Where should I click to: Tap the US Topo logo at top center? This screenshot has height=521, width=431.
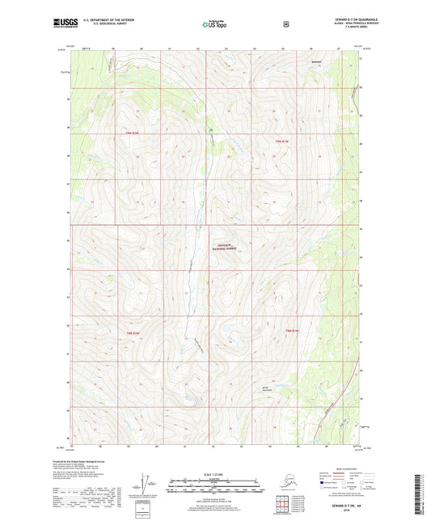coord(215,25)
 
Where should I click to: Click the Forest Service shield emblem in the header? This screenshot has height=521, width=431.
coord(285,24)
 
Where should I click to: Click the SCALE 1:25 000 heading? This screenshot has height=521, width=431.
coord(214,472)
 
